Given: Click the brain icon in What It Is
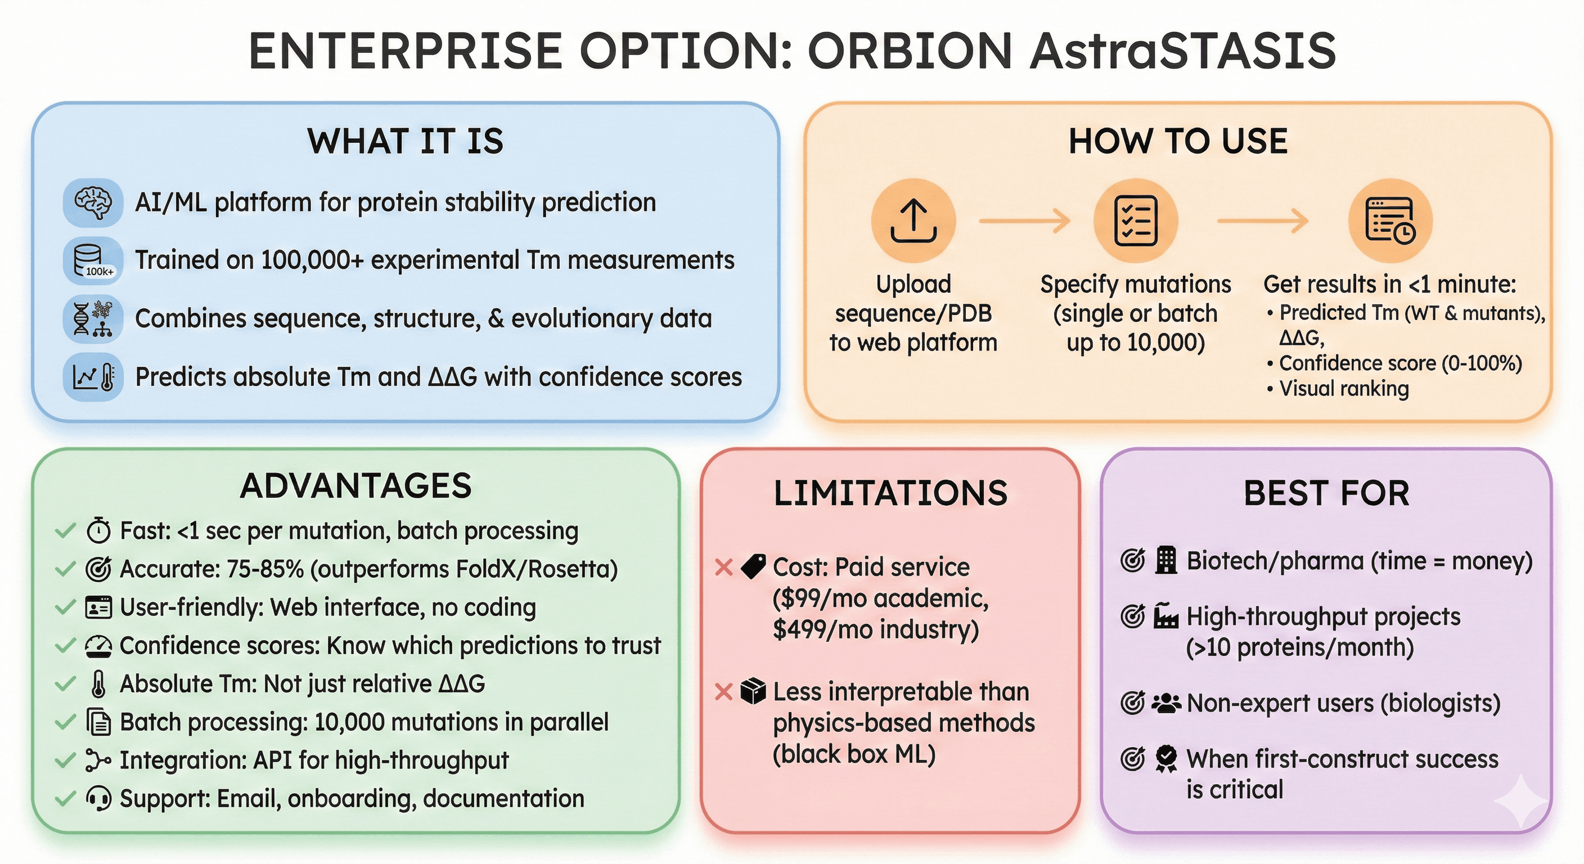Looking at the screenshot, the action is [93, 202].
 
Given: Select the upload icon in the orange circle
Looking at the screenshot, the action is [913, 220].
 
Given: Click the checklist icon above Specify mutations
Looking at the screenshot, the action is [1135, 220].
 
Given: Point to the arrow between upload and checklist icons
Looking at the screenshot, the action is [1024, 220].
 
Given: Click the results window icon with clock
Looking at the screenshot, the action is [1390, 220].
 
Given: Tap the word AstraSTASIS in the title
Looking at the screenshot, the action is [1182, 51].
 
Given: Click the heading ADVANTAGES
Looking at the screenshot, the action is [356, 486].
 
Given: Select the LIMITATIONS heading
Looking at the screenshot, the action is [890, 493].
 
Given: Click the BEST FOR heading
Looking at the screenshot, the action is [1326, 493].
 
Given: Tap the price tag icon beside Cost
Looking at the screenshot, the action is [753, 566].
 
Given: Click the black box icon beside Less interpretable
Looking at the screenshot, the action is [753, 691].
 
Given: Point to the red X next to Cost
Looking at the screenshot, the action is [724, 567].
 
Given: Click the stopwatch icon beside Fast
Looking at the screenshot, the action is [98, 530].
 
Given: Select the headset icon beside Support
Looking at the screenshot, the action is [98, 798].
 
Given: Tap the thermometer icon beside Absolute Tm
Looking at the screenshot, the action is [98, 684].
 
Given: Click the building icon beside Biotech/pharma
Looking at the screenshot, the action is [1166, 560].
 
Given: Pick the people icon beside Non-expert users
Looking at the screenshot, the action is [1166, 703].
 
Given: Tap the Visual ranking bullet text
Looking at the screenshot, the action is [1344, 389].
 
